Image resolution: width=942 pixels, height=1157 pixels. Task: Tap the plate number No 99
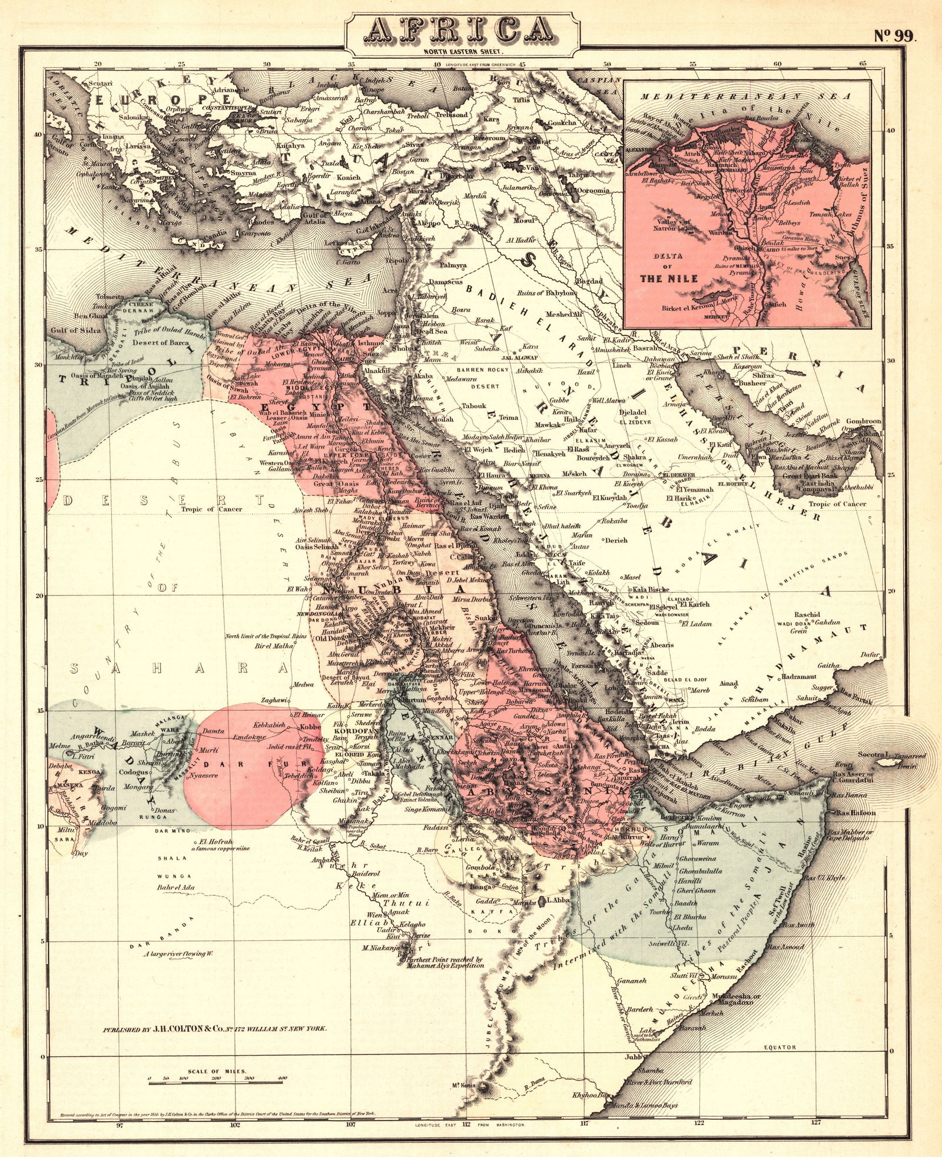point(894,36)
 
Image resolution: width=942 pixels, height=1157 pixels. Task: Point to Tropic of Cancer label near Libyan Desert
point(211,509)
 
